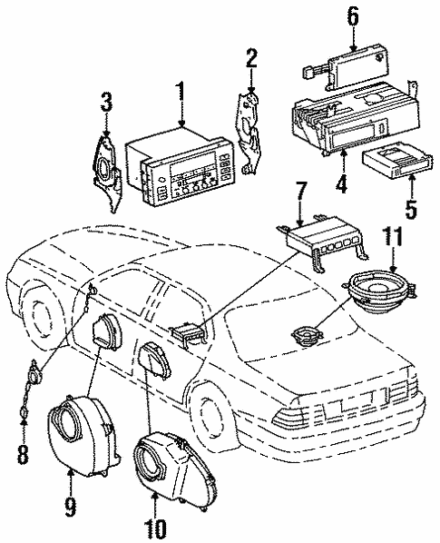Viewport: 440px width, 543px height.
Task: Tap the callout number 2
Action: [x=252, y=58]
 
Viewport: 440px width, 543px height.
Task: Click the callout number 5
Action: [x=411, y=209]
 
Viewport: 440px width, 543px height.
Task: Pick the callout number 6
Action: [x=353, y=16]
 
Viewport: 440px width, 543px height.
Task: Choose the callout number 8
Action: [x=24, y=453]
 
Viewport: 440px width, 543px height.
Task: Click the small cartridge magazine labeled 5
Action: [x=397, y=160]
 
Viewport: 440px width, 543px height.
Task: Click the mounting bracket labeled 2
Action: [x=249, y=132]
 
